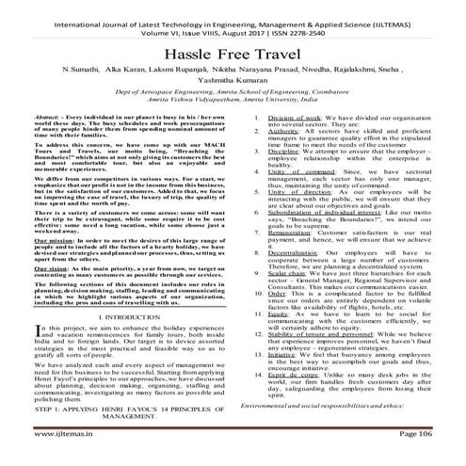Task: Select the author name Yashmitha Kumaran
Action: [x=233, y=84]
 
